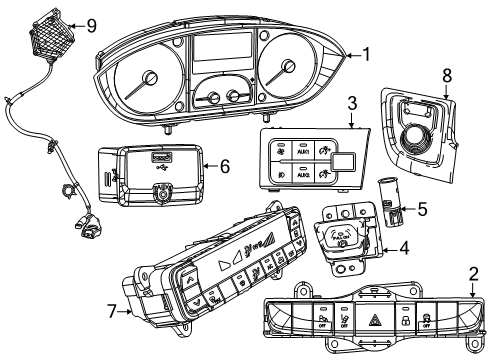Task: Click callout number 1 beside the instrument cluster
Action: [368, 56]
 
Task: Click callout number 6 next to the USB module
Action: [224, 167]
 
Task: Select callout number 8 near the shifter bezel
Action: [447, 101]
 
